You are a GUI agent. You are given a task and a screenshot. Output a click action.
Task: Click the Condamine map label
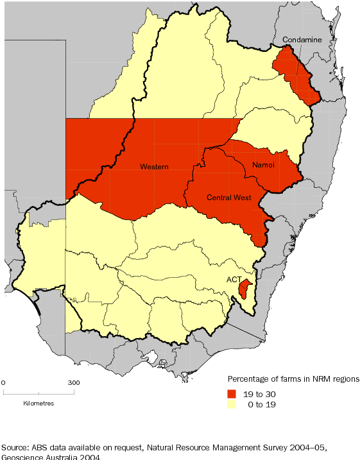pyautogui.click(x=302, y=40)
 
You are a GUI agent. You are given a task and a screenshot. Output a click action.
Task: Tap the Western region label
pyautogui.click(x=154, y=167)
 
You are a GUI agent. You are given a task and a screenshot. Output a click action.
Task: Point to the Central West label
pyautogui.click(x=228, y=198)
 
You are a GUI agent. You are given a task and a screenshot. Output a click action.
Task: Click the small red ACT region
pyautogui.click(x=243, y=289)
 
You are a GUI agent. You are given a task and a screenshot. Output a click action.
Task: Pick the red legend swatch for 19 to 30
pyautogui.click(x=232, y=393)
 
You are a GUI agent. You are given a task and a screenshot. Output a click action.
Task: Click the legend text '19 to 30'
pyautogui.click(x=265, y=393)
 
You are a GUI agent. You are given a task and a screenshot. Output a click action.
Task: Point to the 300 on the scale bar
pyautogui.click(x=74, y=383)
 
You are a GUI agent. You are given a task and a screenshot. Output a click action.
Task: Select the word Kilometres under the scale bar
pyautogui.click(x=39, y=404)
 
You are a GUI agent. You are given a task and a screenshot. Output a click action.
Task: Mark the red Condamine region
pyautogui.click(x=292, y=74)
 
